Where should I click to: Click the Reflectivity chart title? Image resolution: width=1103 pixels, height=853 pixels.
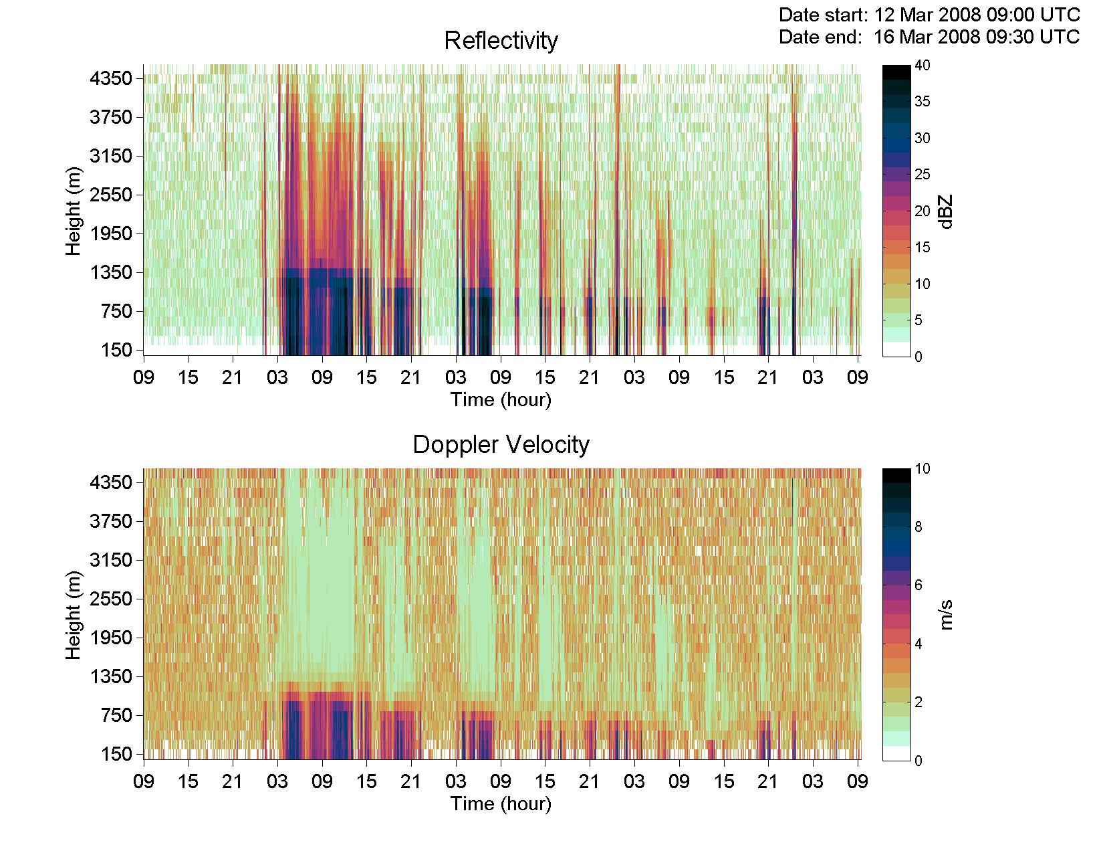pos(501,41)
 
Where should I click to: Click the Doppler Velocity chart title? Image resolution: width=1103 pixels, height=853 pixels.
pos(501,444)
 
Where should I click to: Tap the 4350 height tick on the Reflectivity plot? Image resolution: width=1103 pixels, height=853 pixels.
pos(111,79)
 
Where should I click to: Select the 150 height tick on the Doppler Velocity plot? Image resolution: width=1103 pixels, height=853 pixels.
pos(116,754)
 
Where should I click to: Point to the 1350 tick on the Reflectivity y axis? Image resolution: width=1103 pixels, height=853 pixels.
pos(111,273)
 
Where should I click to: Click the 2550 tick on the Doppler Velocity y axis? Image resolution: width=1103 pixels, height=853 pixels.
pos(111,599)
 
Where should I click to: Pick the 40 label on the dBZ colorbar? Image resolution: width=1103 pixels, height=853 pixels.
pos(923,65)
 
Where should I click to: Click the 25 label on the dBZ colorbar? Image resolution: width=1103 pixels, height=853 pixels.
pos(923,174)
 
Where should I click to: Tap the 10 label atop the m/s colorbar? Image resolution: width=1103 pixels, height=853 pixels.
pos(923,468)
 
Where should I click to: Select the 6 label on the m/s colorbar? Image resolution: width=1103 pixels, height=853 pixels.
pos(918,585)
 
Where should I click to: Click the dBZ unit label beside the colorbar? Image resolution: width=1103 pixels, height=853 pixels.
pos(946,212)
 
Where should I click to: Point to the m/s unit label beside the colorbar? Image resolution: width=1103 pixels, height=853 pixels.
pos(946,615)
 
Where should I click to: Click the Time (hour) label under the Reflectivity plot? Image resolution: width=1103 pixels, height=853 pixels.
pos(501,400)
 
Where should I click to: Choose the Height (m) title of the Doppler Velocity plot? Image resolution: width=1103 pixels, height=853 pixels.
pos(74,615)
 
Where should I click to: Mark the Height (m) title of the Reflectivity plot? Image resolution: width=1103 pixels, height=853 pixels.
pos(74,211)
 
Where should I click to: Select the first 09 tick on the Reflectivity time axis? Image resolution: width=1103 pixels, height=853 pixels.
pos(144,377)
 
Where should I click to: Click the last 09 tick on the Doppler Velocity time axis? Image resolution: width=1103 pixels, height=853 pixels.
pos(857,781)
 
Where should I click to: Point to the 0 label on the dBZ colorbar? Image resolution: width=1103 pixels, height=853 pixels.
pos(918,357)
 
